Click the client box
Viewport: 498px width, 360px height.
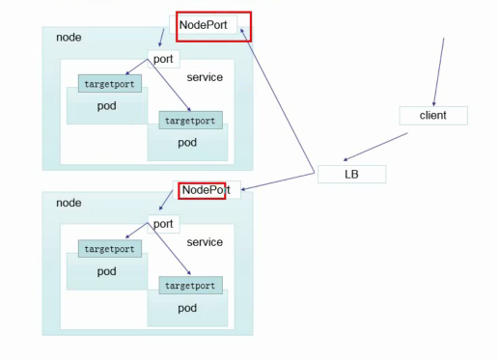432,115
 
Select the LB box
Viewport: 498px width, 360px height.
351,175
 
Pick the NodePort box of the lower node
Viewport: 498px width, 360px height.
207,190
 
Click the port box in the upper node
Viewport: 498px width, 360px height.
163,59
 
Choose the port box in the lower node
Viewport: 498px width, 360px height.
163,224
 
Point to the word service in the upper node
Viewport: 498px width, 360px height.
204,77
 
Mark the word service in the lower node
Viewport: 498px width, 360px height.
204,242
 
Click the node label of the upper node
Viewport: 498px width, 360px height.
69,38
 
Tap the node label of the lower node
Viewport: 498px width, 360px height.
69,203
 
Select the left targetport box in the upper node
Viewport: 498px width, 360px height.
110,84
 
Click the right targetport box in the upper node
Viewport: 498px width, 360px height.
191,121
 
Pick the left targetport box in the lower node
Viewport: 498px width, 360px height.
110,249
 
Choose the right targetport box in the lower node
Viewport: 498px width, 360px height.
191,287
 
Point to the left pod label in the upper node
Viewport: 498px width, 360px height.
106,105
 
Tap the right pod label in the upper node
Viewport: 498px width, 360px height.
186,142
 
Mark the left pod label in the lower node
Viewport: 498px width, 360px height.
106,271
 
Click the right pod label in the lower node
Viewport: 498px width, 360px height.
186,308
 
